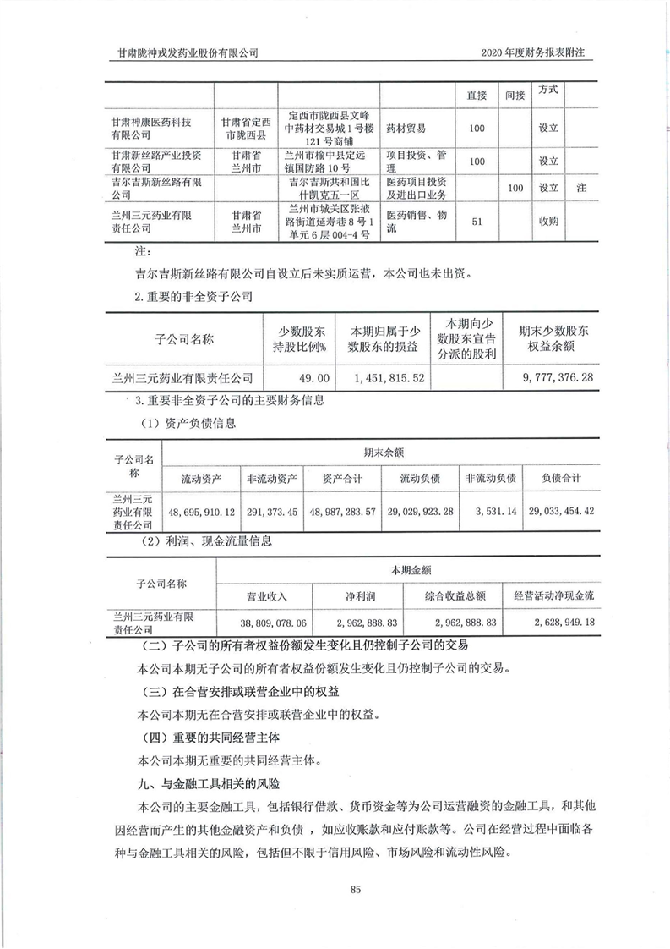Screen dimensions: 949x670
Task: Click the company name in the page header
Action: click(x=188, y=52)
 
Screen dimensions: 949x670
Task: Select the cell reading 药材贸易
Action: click(x=406, y=129)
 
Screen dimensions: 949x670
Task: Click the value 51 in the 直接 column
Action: click(x=477, y=222)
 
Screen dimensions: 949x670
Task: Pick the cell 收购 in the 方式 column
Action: click(x=548, y=222)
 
